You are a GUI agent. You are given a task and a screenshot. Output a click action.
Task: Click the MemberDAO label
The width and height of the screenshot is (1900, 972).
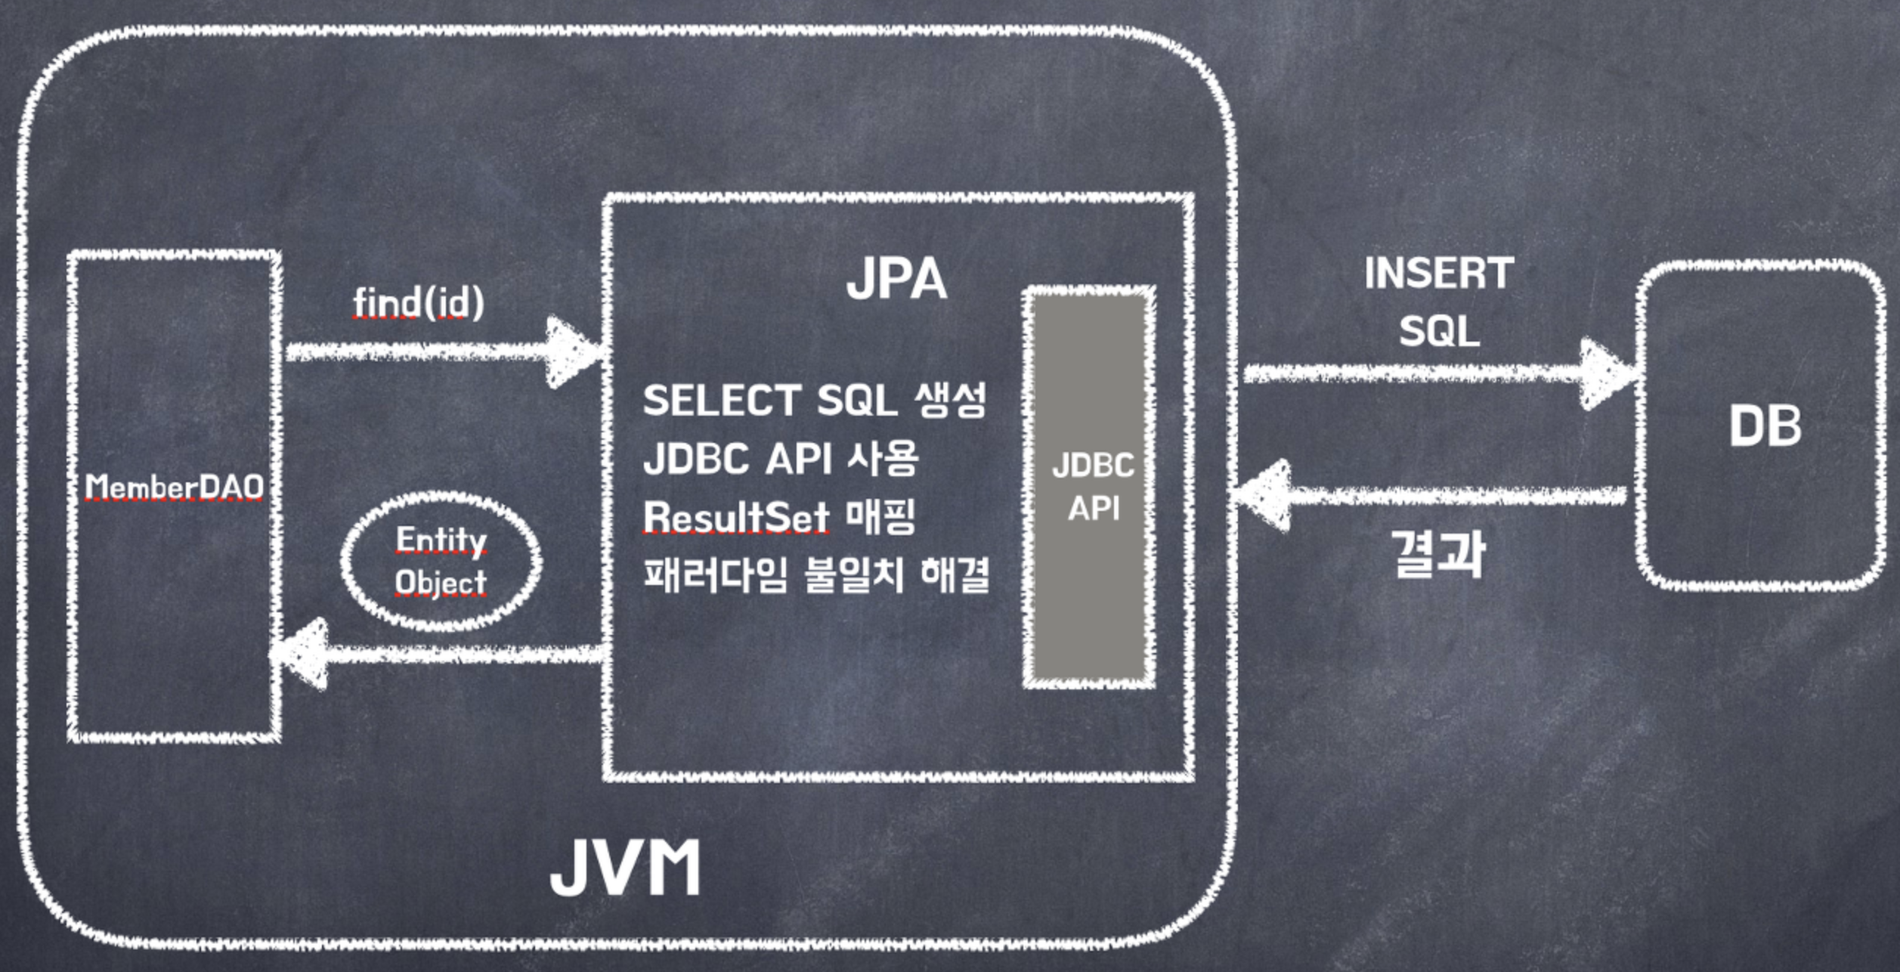[174, 487]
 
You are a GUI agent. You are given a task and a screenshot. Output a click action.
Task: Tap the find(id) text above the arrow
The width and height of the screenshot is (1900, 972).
[419, 303]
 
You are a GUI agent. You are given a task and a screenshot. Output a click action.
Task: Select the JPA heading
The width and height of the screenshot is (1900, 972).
[896, 280]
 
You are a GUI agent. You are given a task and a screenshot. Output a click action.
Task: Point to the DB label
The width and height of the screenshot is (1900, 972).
[1765, 426]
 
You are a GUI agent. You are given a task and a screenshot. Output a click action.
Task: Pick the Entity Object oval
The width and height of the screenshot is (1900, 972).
[441, 561]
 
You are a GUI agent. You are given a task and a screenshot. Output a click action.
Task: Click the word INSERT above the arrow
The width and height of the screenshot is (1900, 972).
[1438, 274]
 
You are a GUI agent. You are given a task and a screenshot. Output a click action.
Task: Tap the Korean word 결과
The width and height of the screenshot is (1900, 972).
[1437, 554]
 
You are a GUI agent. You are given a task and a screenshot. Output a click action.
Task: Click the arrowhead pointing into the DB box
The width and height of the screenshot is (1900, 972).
[1606, 374]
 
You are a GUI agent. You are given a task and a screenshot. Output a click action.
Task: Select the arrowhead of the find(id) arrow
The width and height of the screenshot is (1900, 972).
[574, 351]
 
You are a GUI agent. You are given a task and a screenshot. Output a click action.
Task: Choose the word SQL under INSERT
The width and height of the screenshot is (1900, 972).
[1438, 332]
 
